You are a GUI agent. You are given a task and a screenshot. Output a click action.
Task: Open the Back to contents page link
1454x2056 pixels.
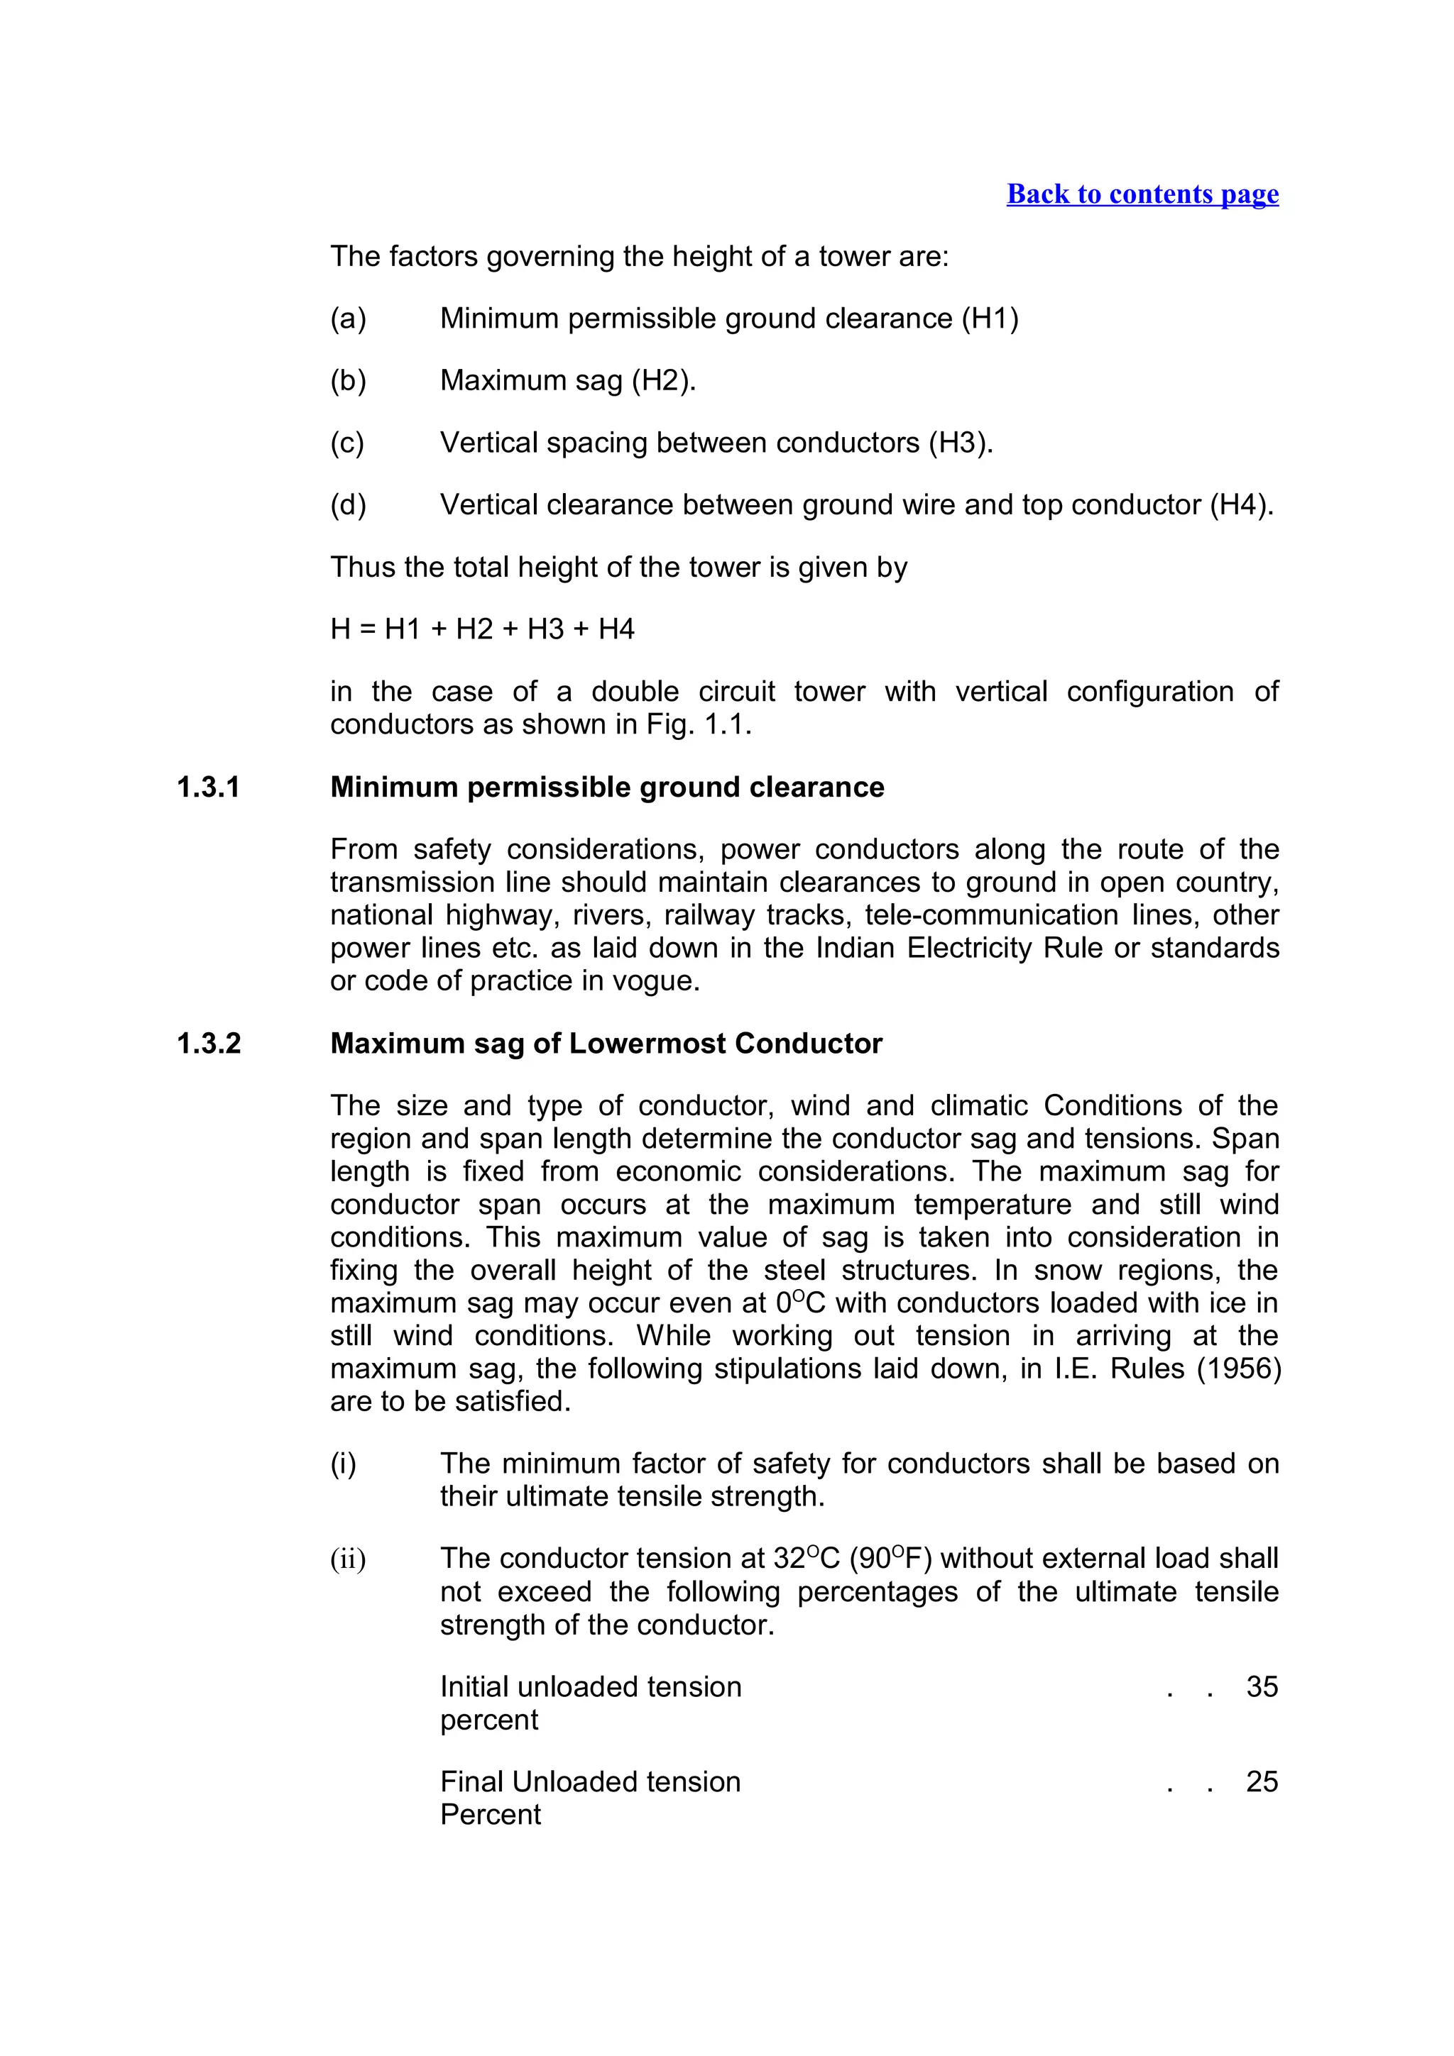(1142, 194)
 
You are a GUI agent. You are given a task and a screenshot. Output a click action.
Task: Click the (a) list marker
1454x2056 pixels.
(348, 319)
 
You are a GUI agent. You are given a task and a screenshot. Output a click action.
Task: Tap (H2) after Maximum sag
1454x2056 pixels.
(663, 380)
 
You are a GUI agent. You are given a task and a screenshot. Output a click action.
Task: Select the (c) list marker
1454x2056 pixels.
(346, 443)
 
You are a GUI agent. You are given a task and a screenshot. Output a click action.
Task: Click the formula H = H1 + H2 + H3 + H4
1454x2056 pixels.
(482, 629)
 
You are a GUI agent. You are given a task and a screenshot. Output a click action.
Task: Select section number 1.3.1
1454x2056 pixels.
(208, 787)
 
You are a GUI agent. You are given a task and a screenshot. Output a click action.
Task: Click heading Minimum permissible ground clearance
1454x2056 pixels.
(606, 787)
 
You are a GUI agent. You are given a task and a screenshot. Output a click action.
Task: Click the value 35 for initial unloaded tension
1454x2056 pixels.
(1262, 1687)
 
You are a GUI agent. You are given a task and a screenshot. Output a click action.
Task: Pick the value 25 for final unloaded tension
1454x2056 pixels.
(1262, 1782)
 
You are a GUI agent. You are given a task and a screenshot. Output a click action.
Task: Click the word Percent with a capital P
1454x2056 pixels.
(490, 1815)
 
